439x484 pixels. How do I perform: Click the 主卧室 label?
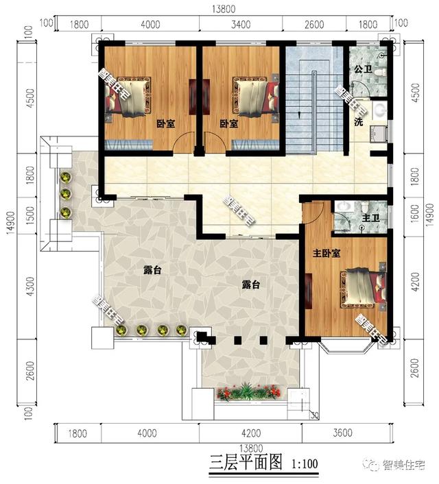[327, 253]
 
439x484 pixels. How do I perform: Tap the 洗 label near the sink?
[358, 122]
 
